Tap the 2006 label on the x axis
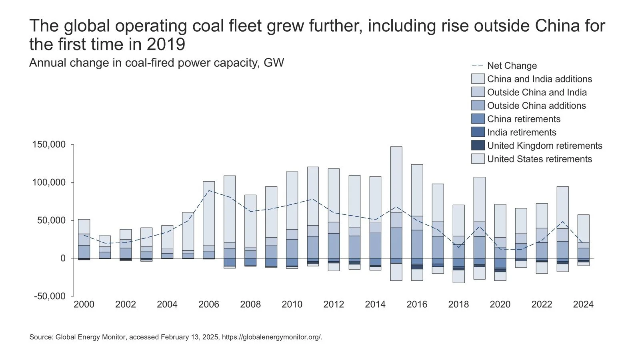[209, 304]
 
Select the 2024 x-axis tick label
[583, 304]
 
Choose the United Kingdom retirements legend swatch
[478, 146]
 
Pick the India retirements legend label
[522, 132]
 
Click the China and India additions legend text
[540, 79]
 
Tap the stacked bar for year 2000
[84, 240]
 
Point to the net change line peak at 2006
[209, 190]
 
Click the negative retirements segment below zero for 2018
[458, 276]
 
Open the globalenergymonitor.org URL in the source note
[272, 337]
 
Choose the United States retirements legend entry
[540, 159]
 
